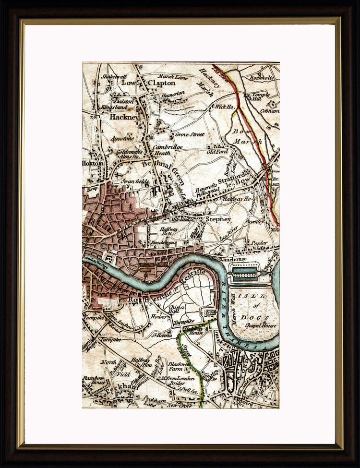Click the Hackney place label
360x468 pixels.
point(124,117)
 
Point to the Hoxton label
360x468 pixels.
point(93,163)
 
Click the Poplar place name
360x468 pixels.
point(259,243)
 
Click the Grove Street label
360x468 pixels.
point(190,135)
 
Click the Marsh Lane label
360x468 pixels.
point(171,75)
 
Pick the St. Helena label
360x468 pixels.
point(161,335)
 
